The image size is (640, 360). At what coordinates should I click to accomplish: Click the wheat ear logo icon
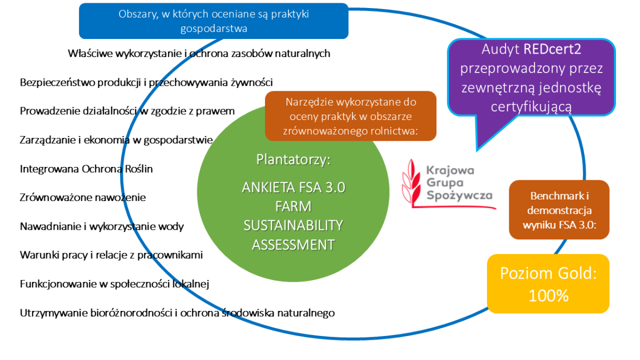(x=412, y=181)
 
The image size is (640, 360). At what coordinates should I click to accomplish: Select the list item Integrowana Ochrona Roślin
(x=86, y=169)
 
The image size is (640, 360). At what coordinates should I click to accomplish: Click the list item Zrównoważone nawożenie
(x=83, y=197)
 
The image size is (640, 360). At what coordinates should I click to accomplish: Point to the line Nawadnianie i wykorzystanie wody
(x=101, y=227)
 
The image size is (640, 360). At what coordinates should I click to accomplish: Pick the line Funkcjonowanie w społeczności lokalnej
(x=114, y=284)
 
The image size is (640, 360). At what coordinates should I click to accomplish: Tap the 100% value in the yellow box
(x=548, y=295)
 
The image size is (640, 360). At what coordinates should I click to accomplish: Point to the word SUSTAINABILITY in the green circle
(x=293, y=226)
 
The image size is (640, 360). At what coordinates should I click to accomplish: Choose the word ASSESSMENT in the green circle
(x=293, y=245)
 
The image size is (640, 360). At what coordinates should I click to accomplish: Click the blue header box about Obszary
(x=213, y=21)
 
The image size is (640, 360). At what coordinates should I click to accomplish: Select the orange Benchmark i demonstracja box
(x=559, y=210)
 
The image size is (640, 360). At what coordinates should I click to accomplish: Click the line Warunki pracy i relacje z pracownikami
(x=111, y=255)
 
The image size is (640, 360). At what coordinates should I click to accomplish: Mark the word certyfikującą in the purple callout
(x=532, y=107)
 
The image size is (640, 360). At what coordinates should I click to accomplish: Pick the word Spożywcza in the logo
(x=459, y=196)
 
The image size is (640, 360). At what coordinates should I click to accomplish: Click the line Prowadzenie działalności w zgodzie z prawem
(x=127, y=111)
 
